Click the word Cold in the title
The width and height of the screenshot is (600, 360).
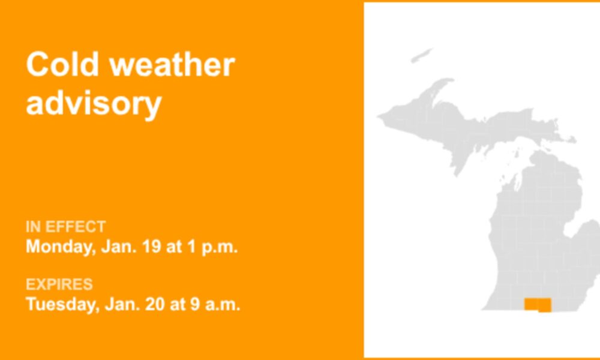coord(62,64)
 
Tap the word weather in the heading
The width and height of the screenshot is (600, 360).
coord(172,64)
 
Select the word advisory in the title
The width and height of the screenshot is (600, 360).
coord(94,104)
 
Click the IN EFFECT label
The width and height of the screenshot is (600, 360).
coord(65,227)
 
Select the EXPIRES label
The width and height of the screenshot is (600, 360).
coord(59,284)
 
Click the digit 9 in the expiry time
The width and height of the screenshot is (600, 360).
coord(195,305)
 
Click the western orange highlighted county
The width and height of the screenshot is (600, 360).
coord(531,304)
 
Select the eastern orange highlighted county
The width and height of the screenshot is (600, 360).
coord(545,305)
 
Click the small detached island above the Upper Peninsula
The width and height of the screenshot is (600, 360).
coord(421,55)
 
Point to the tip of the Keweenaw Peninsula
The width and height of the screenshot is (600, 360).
coord(452,80)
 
